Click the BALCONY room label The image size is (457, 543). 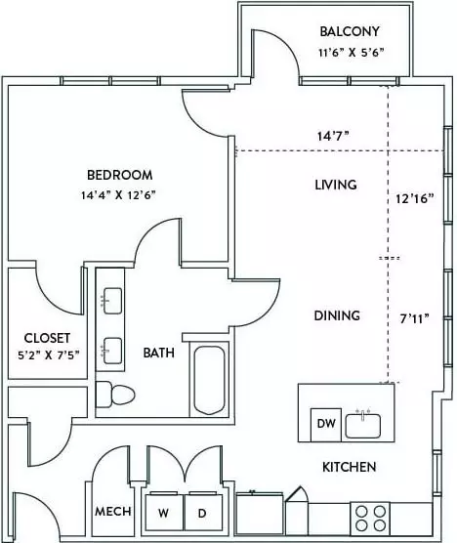coord(350,31)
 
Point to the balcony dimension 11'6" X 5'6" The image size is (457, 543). coord(352,53)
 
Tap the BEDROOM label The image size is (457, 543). coord(120,175)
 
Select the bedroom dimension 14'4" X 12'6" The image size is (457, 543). coord(118,195)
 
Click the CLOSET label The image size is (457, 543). coord(47,338)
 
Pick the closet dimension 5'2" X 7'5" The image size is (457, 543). coord(49,355)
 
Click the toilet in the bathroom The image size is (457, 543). coord(115,395)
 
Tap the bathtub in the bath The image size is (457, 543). coord(209,380)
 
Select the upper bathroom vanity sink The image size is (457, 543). coord(112,301)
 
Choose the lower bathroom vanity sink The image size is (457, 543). coord(112,351)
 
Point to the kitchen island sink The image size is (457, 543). coord(363,425)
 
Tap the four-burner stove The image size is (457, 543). coord(370,519)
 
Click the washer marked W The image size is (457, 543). coord(164,512)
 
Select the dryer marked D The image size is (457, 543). coord(202,512)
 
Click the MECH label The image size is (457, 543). coord(113,511)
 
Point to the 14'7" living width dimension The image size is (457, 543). coord(333,136)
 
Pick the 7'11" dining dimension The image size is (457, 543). coord(414,318)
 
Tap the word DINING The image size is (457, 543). coord(337,315)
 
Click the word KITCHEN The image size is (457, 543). coord(349,467)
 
